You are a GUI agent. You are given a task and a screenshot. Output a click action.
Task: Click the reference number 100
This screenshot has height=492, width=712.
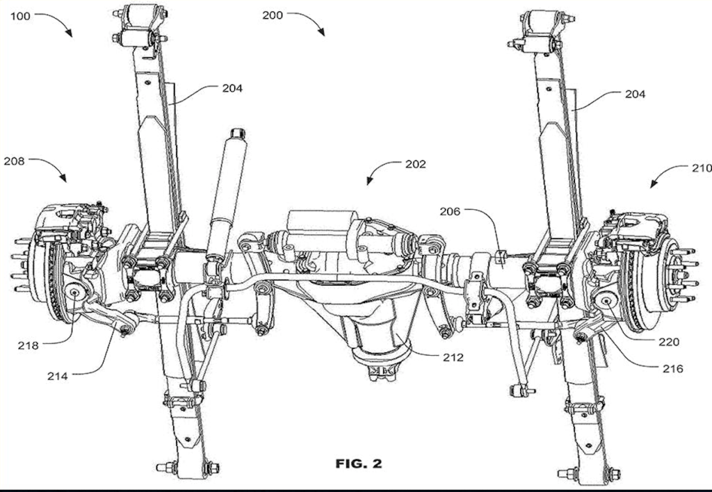pos(21,16)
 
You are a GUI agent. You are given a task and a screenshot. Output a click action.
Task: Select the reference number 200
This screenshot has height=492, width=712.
pos(273,15)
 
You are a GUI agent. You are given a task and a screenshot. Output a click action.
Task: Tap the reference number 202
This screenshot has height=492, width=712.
pos(415,165)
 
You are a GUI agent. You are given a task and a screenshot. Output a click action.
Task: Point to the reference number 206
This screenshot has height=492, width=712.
pos(451,211)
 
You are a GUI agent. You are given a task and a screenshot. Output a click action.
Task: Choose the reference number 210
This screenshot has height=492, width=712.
pos(701,168)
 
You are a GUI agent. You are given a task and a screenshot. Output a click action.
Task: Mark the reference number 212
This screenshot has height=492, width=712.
pos(451,358)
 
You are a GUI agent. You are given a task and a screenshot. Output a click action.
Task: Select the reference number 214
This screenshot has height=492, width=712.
pos(58,376)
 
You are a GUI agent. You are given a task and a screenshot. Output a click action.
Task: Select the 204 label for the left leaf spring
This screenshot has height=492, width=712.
pos(232,88)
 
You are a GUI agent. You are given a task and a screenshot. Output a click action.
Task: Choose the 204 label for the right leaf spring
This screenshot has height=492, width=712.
pos(635,94)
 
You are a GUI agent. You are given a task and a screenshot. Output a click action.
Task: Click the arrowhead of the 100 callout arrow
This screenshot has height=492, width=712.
pos(70,35)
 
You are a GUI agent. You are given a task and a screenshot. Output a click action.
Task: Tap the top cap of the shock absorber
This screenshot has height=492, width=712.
pos(237,132)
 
